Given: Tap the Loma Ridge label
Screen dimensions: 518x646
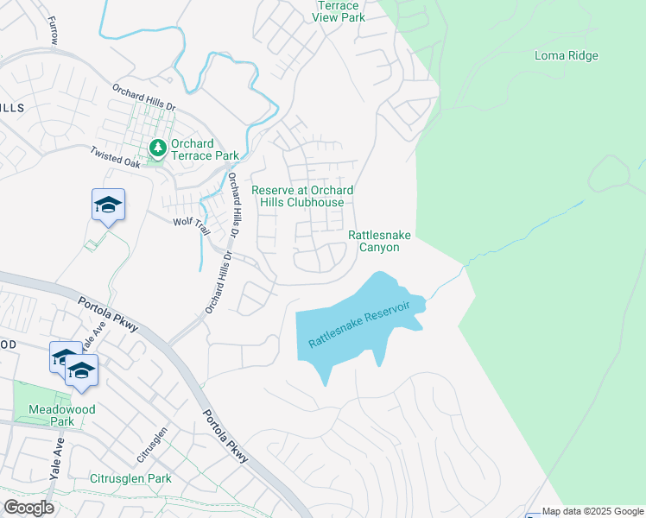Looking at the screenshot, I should (x=567, y=56).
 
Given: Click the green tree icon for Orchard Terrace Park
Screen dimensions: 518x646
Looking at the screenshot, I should (x=157, y=149).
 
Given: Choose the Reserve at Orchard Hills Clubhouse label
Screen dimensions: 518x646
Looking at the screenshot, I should (x=302, y=196).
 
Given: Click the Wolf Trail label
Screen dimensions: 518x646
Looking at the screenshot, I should (x=191, y=226).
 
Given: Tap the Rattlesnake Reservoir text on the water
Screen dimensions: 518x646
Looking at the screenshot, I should (x=358, y=324).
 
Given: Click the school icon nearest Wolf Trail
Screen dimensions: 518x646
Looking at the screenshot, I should (x=108, y=205).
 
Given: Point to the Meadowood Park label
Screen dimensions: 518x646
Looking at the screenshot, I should (x=60, y=415).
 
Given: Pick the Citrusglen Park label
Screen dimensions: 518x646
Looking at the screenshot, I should (x=131, y=478).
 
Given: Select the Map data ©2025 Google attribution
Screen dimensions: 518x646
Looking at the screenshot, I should (x=592, y=511).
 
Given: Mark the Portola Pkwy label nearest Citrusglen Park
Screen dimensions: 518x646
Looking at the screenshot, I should (x=224, y=435).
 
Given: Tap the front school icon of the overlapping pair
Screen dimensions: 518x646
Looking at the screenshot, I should (x=81, y=370).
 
